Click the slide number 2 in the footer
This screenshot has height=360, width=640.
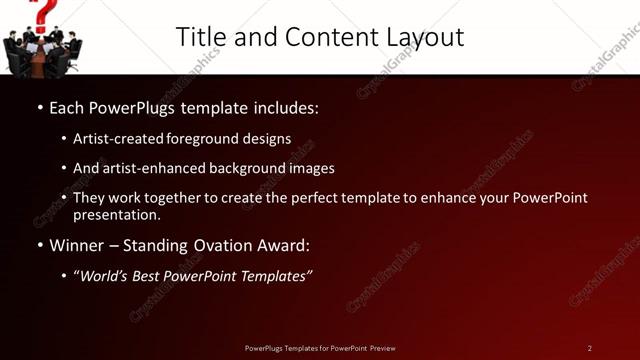coord(590,348)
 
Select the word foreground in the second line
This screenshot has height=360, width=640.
coord(209,139)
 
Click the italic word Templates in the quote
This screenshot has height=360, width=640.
coord(276,276)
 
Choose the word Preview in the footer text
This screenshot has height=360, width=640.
coord(382,348)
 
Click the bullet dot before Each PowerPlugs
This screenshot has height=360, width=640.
coord(39,107)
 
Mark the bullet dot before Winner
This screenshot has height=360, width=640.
coord(39,245)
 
